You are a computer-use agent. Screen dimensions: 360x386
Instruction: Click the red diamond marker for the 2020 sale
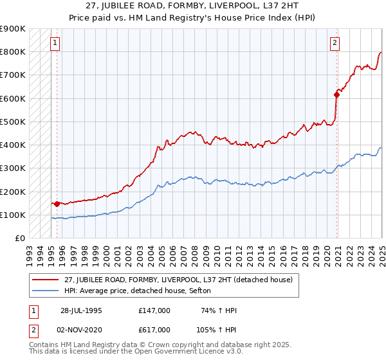[336, 94]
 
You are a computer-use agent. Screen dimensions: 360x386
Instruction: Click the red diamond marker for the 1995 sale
[57, 204]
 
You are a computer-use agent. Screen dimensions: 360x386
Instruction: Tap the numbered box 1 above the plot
[55, 44]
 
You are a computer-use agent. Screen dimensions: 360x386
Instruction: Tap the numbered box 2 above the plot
[335, 44]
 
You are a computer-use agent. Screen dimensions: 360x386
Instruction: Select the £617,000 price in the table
[154, 330]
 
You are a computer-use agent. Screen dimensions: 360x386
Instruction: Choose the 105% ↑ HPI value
[217, 330]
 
